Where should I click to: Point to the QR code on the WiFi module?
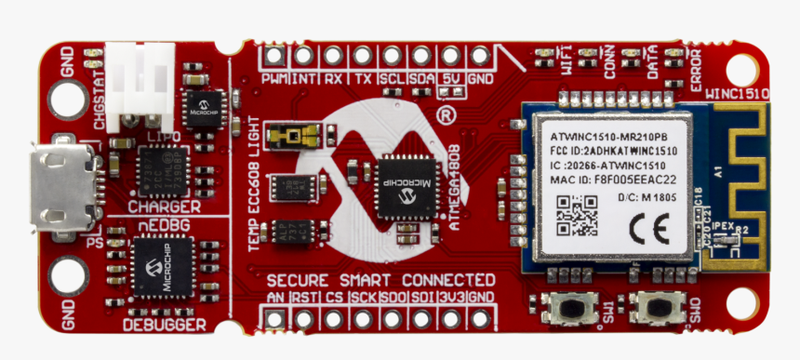[577, 215]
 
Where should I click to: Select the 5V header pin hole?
[451, 56]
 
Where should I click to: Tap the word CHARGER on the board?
[164, 206]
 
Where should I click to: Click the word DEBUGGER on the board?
[165, 325]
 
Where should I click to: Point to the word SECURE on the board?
[297, 280]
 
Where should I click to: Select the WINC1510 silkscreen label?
[739, 94]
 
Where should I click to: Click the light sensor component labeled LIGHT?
[291, 138]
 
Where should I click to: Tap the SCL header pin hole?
[392, 56]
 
